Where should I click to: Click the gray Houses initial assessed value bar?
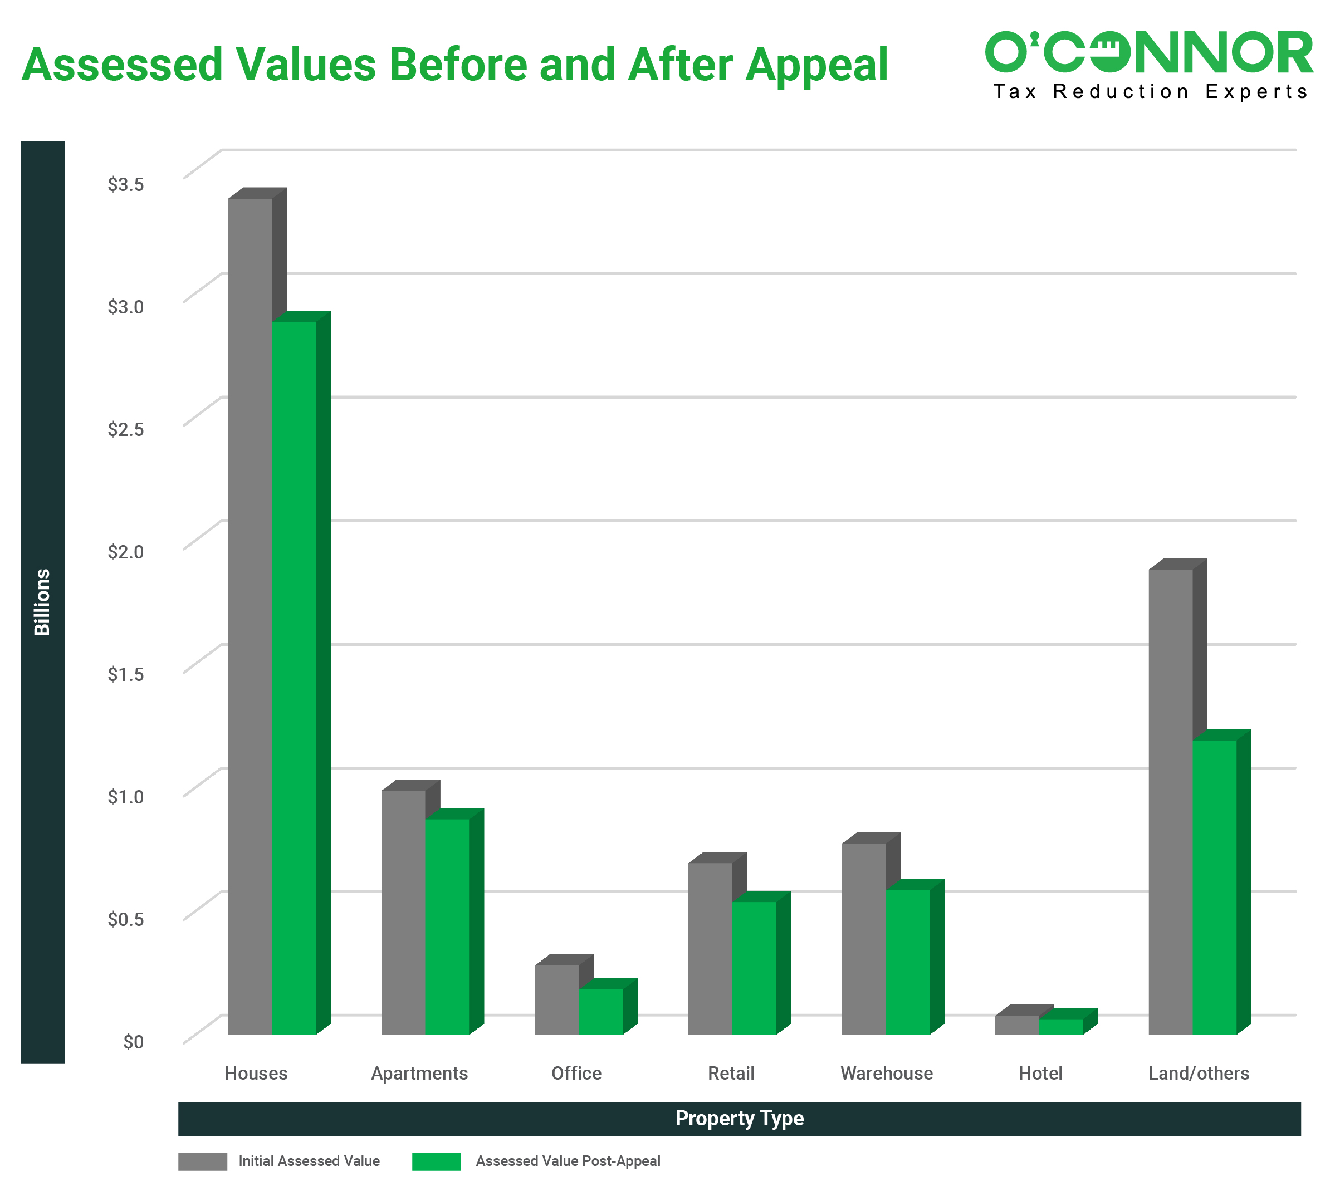click(250, 615)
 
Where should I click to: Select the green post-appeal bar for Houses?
click(294, 677)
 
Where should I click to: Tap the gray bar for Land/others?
click(1171, 802)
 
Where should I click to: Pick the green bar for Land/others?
click(1215, 886)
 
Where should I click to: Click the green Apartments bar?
click(447, 926)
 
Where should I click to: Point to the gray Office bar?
click(557, 999)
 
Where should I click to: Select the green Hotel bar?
click(1061, 1026)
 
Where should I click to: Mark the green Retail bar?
click(754, 968)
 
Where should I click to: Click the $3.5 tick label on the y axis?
click(126, 184)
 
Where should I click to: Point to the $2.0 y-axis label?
click(126, 552)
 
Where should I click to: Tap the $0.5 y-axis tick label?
click(126, 919)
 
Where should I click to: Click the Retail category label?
click(731, 1073)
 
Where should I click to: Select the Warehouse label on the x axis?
click(887, 1073)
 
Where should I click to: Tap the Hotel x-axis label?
click(1040, 1073)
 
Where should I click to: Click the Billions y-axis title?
click(42, 602)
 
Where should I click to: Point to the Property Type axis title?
click(740, 1119)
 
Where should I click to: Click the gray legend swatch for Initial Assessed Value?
click(202, 1161)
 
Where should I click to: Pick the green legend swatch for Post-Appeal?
click(437, 1161)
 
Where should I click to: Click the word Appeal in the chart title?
click(816, 66)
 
